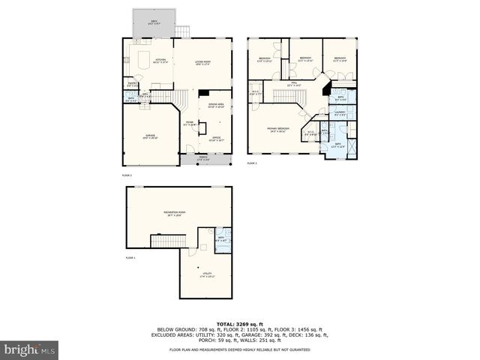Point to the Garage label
coord(151,136)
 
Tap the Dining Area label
coord(216,105)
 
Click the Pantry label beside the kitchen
coord(131,85)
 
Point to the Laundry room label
coord(340,114)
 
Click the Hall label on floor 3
coord(295,84)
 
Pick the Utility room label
coord(205,274)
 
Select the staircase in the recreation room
coord(168,241)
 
